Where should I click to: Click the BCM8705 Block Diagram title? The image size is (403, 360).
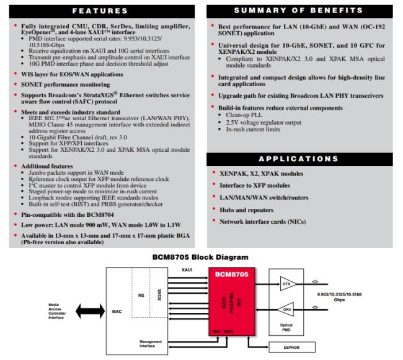pos(201,255)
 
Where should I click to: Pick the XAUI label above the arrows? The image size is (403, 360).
pos(187,270)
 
